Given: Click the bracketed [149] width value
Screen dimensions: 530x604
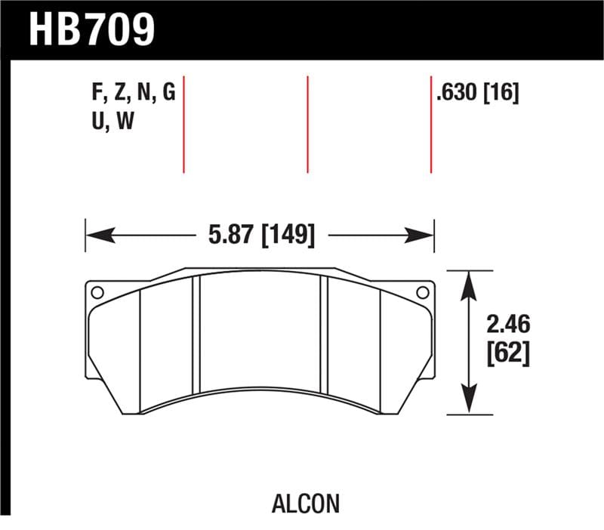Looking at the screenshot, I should point(287,235).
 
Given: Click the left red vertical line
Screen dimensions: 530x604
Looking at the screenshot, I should point(183,125).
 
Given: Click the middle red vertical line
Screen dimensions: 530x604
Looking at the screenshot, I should point(308,125).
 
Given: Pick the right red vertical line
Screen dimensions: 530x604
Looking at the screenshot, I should point(431,125).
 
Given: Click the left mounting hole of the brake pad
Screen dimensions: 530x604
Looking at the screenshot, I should point(96,292).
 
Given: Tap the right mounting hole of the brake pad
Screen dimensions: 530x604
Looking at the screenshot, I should point(423,292).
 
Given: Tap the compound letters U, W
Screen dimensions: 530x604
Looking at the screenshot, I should point(112,122).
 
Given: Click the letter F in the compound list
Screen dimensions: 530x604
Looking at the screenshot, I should point(96,94).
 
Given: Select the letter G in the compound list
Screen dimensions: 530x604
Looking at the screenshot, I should point(168,94).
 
